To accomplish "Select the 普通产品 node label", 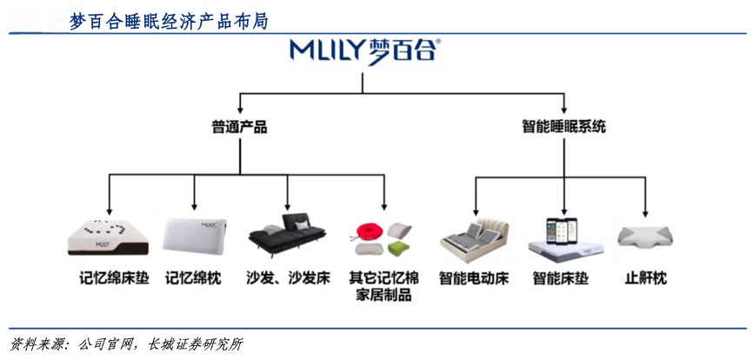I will point(239,127).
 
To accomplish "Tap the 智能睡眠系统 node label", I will point(564,127).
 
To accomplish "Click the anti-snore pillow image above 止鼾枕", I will point(645,237).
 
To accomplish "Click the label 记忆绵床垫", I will point(109,279).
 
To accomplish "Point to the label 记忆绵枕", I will point(194,279).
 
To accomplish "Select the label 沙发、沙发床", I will point(288,279).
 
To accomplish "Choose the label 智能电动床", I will point(474,279).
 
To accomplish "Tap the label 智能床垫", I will point(561,279).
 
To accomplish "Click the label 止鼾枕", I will point(645,279).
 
